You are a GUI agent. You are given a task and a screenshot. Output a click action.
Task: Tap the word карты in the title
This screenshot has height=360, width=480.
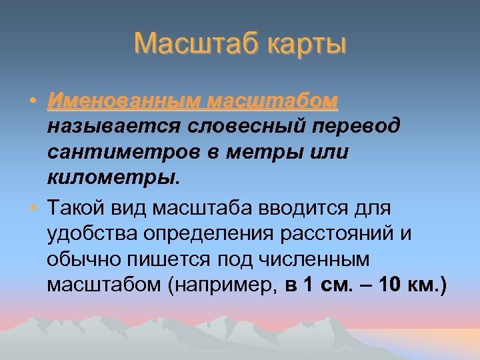(306, 45)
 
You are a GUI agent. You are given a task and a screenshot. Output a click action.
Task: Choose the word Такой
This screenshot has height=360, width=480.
(73, 208)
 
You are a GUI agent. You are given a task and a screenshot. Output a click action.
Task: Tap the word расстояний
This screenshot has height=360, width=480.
(337, 234)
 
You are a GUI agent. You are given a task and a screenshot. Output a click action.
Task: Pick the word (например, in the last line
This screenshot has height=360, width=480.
(223, 286)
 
